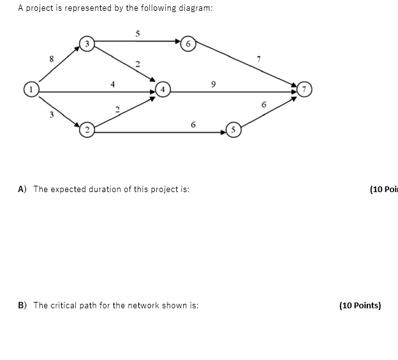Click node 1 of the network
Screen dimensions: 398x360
click(x=29, y=88)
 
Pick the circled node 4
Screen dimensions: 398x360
click(x=163, y=90)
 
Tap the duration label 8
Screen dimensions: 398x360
click(x=51, y=59)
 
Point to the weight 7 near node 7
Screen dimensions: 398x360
click(x=259, y=59)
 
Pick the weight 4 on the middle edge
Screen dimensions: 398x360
click(x=113, y=83)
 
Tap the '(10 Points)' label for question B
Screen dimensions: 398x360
click(x=360, y=305)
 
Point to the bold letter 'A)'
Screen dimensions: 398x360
click(x=22, y=189)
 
